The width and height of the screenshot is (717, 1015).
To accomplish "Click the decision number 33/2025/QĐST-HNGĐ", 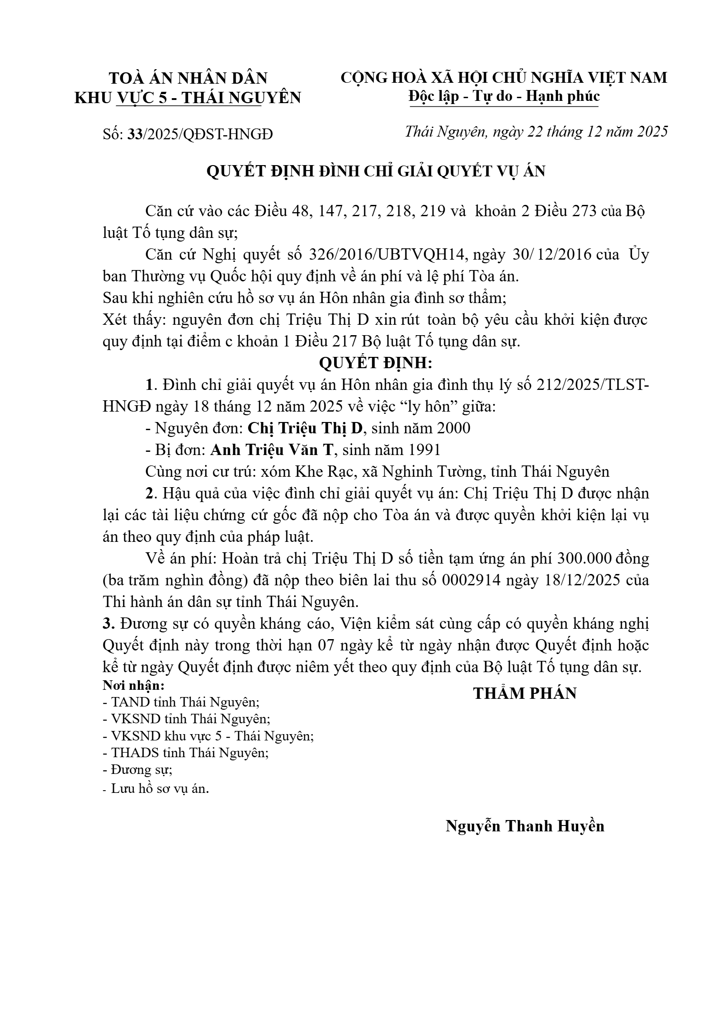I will [x=201, y=134].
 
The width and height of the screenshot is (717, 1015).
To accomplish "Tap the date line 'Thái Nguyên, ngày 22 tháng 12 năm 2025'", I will [x=536, y=132].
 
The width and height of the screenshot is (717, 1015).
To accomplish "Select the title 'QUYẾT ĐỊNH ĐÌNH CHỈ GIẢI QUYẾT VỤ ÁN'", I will [x=376, y=171].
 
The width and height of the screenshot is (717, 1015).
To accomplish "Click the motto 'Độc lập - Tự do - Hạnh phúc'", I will [x=504, y=96].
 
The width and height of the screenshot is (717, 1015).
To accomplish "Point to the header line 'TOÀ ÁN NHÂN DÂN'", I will [x=189, y=78].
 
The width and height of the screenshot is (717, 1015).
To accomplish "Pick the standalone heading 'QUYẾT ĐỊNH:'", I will [x=376, y=363].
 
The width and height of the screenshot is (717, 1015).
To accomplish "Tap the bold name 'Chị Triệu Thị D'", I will [x=306, y=428].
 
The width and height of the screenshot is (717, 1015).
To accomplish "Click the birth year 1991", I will [x=424, y=450].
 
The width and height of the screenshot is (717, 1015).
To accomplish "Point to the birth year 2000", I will [x=453, y=428].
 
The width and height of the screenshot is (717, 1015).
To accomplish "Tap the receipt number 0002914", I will [x=471, y=580].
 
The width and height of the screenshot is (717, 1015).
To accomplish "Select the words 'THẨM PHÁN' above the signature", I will [x=525, y=693].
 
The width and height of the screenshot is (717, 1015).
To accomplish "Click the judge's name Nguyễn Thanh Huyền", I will [x=525, y=826].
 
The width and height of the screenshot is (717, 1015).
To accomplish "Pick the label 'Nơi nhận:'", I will [x=134, y=685].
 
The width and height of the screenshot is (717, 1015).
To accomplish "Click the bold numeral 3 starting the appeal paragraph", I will [x=107, y=624].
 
